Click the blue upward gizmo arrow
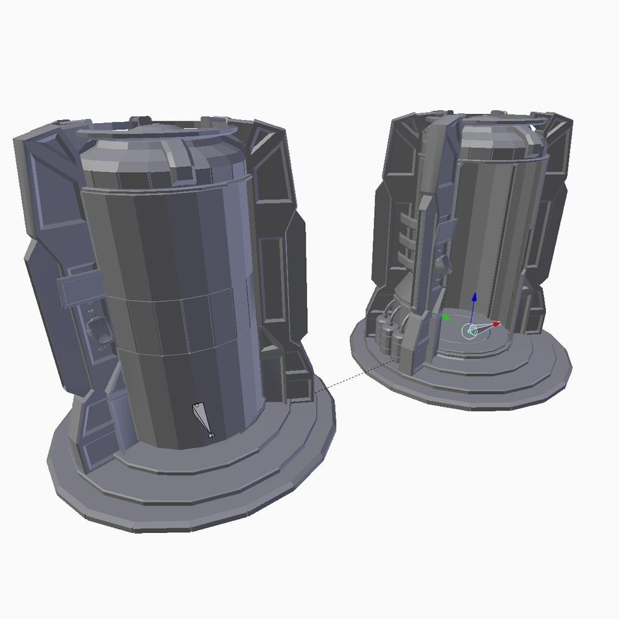tap(474, 298)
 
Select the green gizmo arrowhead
tap(445, 318)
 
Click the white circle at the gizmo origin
tap(470, 331)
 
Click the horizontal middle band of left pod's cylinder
tap(180, 322)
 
